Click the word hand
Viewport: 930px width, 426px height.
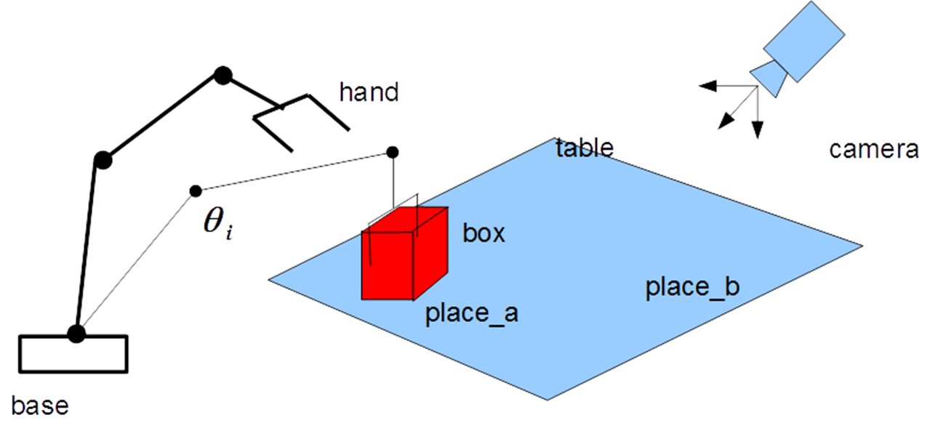(x=369, y=92)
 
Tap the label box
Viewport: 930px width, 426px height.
(x=483, y=234)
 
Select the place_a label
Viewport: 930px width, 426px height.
(x=471, y=313)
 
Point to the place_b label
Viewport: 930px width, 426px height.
(x=692, y=288)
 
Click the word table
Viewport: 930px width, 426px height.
(x=585, y=148)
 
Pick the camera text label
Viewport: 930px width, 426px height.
(x=873, y=150)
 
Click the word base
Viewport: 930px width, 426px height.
(x=41, y=405)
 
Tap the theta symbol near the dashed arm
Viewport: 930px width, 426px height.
(x=217, y=222)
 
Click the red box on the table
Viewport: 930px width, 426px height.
(x=404, y=254)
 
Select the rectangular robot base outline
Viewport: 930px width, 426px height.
(x=73, y=354)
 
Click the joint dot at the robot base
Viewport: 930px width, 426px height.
(x=76, y=334)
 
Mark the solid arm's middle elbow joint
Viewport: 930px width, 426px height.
(x=103, y=160)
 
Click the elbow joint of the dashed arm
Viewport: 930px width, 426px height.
(x=195, y=191)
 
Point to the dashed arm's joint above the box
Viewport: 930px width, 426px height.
(x=392, y=152)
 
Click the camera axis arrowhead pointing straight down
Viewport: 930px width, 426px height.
(x=757, y=132)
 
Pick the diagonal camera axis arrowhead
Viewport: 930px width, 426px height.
(x=723, y=124)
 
